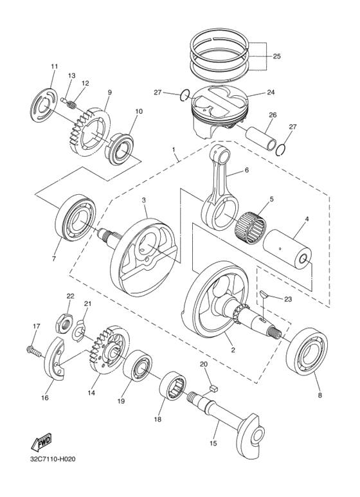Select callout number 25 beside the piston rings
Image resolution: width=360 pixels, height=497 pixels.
276,57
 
